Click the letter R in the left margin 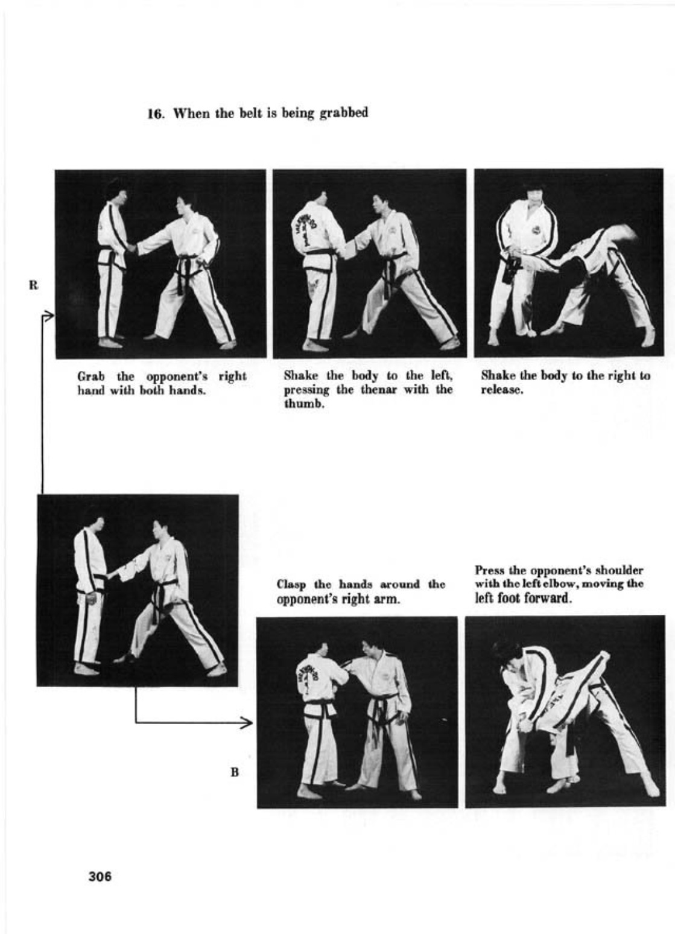pos(33,285)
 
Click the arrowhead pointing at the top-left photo pos(49,316)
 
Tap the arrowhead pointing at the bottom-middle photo pos(248,723)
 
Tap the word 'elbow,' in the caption pos(557,584)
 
